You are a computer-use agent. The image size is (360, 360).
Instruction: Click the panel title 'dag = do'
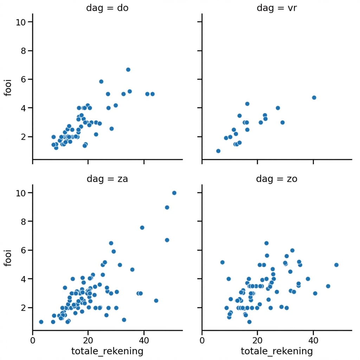107,8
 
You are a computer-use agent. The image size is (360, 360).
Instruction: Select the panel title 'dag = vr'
277,8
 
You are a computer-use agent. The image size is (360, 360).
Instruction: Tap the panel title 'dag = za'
107,179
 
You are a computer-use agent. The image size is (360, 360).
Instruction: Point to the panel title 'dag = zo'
277,179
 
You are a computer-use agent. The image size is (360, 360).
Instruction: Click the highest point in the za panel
174,193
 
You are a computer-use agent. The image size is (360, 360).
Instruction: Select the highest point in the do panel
128,70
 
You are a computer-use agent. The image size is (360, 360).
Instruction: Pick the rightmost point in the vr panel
314,98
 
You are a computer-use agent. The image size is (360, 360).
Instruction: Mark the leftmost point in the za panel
41,322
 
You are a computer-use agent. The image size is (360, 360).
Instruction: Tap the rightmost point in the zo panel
336,265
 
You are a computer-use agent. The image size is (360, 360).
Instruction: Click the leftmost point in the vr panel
218,151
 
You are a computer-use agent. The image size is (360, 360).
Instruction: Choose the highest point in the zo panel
266,243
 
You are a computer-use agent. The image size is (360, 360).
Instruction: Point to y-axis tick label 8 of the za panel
21,221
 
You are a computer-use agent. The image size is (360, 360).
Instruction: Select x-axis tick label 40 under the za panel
143,340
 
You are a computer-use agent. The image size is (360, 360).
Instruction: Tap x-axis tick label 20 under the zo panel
257,340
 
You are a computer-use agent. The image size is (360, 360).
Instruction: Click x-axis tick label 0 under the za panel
33,340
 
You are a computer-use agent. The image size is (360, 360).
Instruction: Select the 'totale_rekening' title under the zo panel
277,351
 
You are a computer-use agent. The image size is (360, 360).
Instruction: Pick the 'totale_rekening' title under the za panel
107,351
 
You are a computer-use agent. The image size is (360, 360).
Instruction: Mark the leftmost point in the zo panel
222,262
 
